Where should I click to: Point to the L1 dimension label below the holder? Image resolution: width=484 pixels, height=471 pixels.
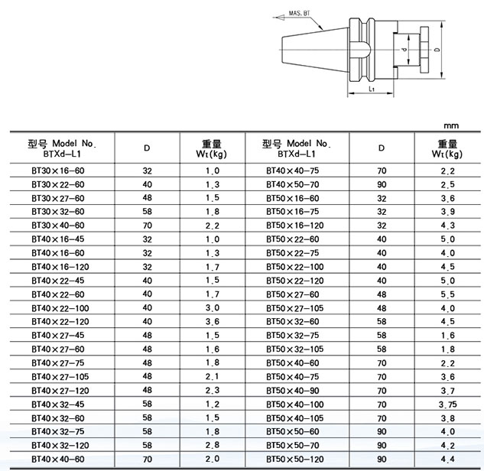pos(369,90)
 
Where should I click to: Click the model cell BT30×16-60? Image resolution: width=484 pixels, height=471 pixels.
pos(58,171)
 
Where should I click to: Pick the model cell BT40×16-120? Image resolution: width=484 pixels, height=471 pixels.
pos(60,267)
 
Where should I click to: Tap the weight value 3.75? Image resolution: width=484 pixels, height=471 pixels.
pos(448,403)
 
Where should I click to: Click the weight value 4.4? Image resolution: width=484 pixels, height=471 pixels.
pos(448,457)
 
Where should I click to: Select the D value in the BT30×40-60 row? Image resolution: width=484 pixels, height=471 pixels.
pos(148,226)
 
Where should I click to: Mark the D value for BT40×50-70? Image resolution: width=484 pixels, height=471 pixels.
pos(382,185)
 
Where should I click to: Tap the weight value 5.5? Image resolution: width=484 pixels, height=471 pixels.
pos(448,294)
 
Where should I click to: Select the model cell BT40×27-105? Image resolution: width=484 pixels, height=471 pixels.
pos(60,375)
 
